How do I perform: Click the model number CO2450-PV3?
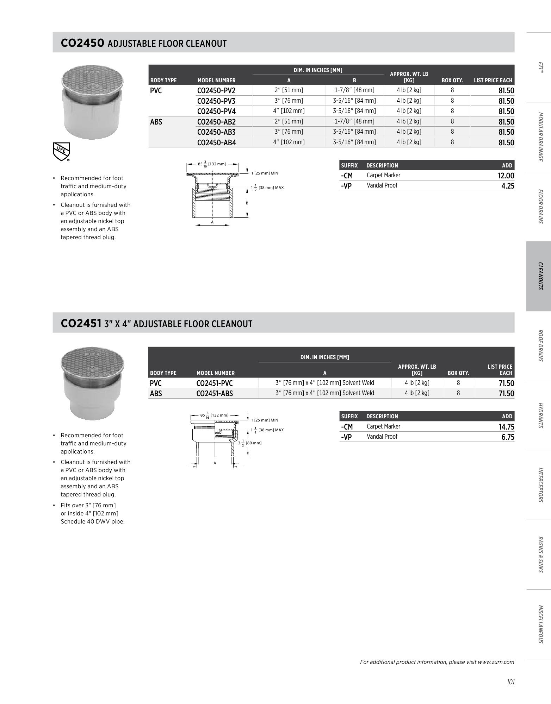[216, 101]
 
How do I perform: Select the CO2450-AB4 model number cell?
[216, 142]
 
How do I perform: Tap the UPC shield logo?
[61, 152]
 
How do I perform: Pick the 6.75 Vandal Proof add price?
[508, 437]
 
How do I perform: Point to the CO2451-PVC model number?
[215, 383]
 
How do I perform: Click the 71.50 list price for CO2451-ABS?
[506, 393]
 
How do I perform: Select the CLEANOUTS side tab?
[539, 276]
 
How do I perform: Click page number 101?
[510, 682]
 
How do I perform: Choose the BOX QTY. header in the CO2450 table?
[452, 80]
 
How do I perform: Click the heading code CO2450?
[82, 43]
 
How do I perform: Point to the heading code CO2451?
[81, 323]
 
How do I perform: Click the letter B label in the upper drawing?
[247, 203]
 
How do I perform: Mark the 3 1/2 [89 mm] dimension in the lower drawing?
[250, 443]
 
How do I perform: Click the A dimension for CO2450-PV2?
[289, 90]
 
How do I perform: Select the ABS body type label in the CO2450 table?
[156, 122]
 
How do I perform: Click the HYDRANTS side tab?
[539, 415]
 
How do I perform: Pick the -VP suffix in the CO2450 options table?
[347, 186]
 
